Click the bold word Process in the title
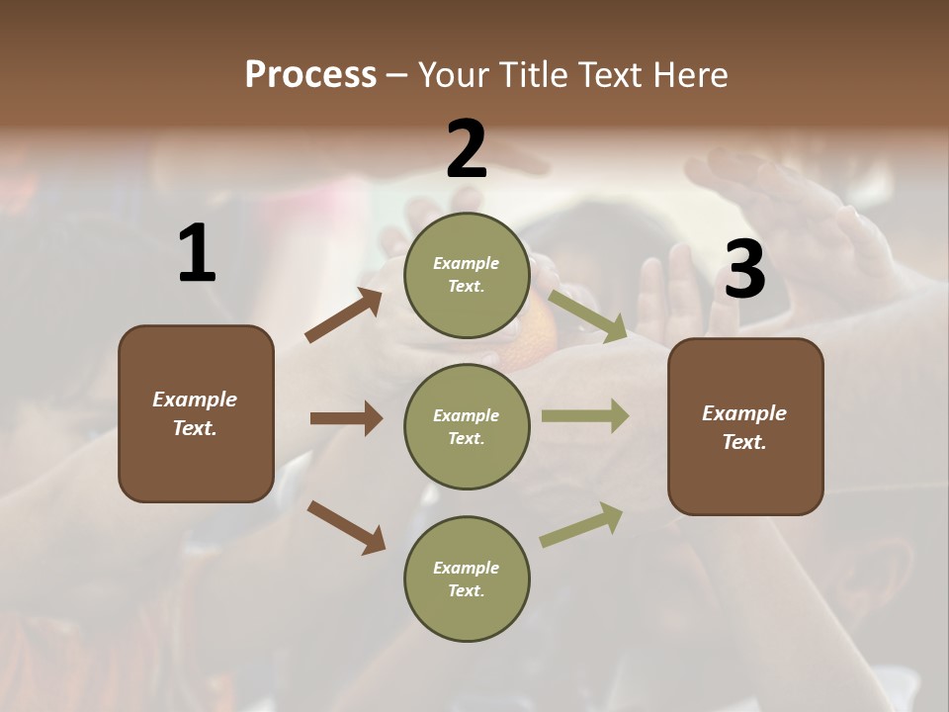[x=310, y=75]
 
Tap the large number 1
[x=197, y=254]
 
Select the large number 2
[x=467, y=149]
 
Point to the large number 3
[x=744, y=270]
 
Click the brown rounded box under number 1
[x=196, y=413]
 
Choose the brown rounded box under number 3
[x=745, y=426]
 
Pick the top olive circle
[x=467, y=275]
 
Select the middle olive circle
[x=467, y=426]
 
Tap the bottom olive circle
[x=467, y=578]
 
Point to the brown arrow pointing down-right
[x=346, y=527]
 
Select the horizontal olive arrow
[x=585, y=416]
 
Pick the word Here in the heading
[x=691, y=75]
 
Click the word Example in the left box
[x=195, y=400]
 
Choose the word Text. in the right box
[x=744, y=442]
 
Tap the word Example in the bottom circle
[x=466, y=568]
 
